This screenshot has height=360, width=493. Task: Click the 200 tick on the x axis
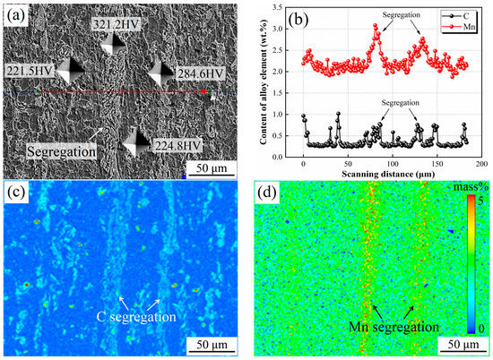[480, 166]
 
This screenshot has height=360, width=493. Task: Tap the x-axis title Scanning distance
[392, 177]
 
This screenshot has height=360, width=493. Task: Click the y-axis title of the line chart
[264, 85]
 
